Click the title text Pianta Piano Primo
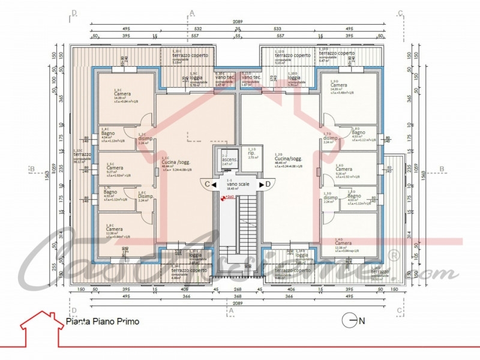tap(102, 322)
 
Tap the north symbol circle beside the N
tap(349, 321)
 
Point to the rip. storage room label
tap(251, 152)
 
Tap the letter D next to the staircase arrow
tap(268, 184)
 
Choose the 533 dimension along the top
tap(277, 28)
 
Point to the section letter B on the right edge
tap(442, 169)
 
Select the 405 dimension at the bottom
tap(184, 289)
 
